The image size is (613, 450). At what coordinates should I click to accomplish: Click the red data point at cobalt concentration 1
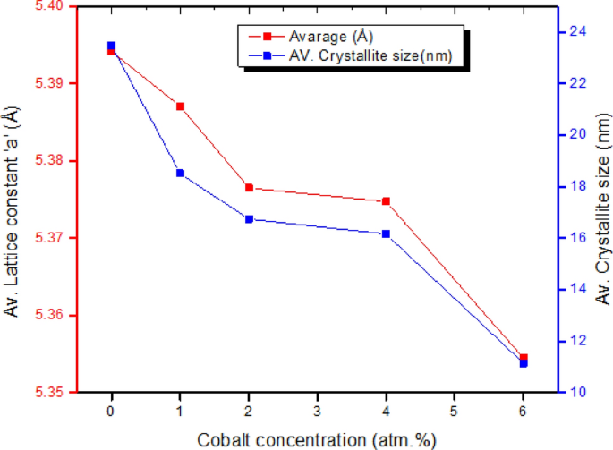(x=180, y=106)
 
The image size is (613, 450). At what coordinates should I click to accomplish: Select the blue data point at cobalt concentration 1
(x=180, y=173)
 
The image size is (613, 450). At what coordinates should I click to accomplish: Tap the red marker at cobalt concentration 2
(x=249, y=188)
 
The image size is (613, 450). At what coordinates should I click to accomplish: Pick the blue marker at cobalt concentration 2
(x=249, y=219)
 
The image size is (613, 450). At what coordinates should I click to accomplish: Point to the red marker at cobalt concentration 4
(x=387, y=201)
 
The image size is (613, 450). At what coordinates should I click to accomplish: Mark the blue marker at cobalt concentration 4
(x=387, y=233)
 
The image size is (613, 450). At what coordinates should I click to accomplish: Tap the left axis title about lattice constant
(x=12, y=213)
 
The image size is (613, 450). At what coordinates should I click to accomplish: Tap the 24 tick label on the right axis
(x=577, y=31)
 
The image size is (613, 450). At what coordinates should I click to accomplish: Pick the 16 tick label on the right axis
(x=577, y=238)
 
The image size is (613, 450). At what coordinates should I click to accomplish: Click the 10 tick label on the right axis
(x=577, y=393)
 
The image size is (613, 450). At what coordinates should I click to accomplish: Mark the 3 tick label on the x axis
(x=318, y=411)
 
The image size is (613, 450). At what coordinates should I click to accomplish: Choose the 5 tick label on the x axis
(x=455, y=411)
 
